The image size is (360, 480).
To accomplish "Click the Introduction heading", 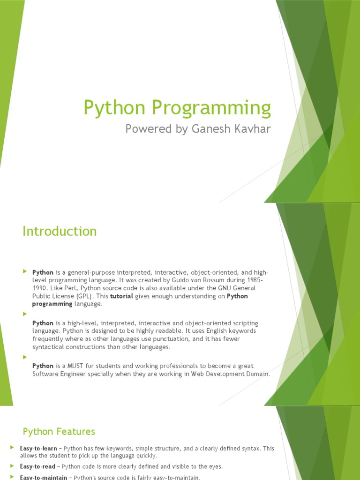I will (x=60, y=231).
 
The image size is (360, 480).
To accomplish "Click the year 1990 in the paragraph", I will (x=41, y=288).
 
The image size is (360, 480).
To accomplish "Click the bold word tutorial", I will (x=121, y=296).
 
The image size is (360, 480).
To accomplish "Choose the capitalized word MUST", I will (x=76, y=366).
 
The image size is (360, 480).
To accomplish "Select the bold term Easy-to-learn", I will (x=38, y=449).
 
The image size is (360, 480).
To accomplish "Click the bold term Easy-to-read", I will (x=37, y=466).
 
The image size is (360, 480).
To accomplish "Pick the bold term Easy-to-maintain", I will (x=42, y=477).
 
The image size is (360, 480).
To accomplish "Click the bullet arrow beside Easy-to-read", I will (x=12, y=465).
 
